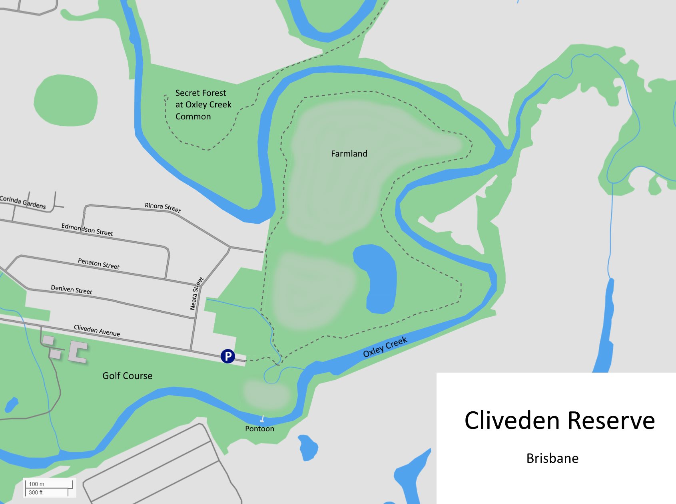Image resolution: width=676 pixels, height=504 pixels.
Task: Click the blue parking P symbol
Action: pyautogui.click(x=227, y=356)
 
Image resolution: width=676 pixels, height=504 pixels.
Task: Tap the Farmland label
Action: pyautogui.click(x=349, y=153)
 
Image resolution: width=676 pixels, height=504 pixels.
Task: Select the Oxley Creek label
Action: pyautogui.click(x=385, y=347)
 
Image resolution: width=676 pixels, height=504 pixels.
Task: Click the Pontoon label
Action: pyautogui.click(x=259, y=429)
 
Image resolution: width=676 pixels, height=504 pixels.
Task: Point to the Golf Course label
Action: pyautogui.click(x=127, y=375)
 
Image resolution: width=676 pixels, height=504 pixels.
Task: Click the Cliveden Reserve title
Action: pyautogui.click(x=559, y=420)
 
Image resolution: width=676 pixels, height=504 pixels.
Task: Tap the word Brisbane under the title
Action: pyautogui.click(x=552, y=458)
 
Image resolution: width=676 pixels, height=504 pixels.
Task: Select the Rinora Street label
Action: pyautogui.click(x=163, y=208)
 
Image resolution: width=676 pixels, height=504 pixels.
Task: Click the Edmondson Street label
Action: pyautogui.click(x=87, y=230)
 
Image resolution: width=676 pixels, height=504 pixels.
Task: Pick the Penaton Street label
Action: pyautogui.click(x=99, y=264)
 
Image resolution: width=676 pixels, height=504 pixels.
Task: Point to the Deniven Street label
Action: pyautogui.click(x=72, y=290)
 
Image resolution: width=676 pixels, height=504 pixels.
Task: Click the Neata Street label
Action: pyautogui.click(x=196, y=294)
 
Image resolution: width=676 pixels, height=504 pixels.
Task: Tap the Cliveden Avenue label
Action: pyautogui.click(x=97, y=331)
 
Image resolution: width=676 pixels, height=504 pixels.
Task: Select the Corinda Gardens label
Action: pyautogui.click(x=23, y=202)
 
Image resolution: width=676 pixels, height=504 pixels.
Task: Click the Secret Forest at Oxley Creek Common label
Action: pyautogui.click(x=203, y=105)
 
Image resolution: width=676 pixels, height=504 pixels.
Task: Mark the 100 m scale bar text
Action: pyautogui.click(x=36, y=484)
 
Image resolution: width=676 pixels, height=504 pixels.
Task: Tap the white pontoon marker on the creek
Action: pyautogui.click(x=262, y=419)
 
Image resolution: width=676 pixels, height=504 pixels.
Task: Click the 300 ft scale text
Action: pyautogui.click(x=36, y=492)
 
